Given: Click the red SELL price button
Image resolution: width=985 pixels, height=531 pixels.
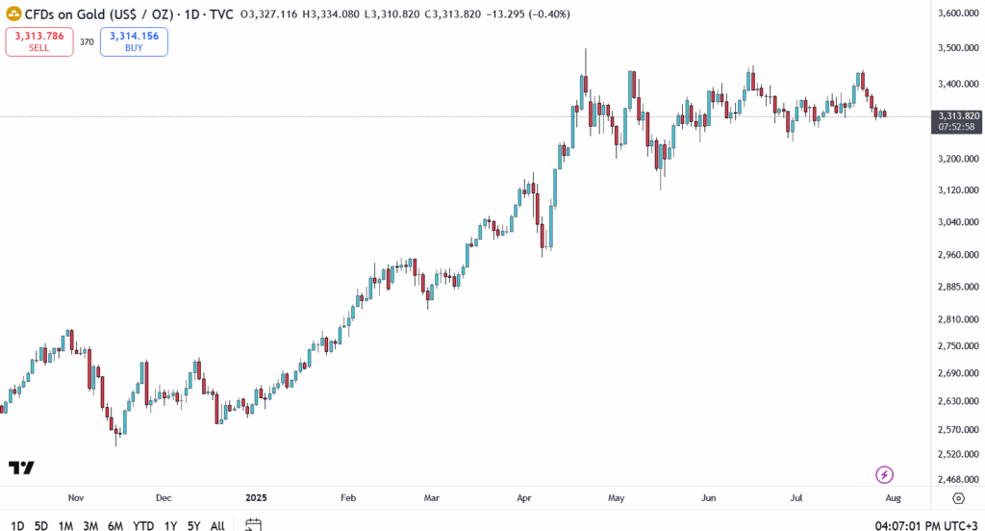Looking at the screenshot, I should [39, 41].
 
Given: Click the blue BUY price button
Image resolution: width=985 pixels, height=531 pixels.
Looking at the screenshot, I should [134, 41].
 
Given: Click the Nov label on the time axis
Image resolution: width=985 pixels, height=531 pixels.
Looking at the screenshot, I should [77, 498].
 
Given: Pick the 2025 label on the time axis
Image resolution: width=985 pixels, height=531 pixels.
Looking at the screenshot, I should [257, 498].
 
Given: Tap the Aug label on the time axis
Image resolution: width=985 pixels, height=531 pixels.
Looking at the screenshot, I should [893, 498].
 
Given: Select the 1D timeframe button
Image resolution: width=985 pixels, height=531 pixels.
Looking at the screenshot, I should [17, 525].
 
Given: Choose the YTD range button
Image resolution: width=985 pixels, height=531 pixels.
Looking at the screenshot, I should [143, 525].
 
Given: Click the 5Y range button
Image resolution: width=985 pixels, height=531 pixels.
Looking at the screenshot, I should [193, 525].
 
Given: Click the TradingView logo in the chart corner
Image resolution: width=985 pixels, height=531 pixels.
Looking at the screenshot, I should [21, 468].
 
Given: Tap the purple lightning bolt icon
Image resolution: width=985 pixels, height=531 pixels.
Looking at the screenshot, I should [885, 474].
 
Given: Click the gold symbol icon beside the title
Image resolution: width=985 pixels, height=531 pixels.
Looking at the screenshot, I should [13, 14].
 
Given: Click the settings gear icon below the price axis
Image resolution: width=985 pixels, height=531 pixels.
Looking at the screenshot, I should [958, 498].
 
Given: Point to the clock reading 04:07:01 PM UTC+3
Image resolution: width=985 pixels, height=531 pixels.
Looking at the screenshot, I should [925, 525].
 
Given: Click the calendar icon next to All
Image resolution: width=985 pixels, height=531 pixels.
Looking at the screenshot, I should [253, 525].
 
